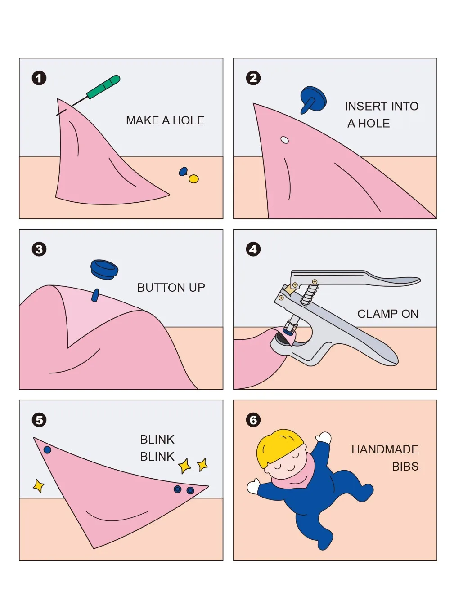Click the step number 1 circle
39,78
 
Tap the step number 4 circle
253,249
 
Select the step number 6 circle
253,420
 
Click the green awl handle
103,87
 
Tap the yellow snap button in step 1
193,179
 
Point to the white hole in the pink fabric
284,140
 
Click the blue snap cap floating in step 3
104,269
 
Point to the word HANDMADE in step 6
385,449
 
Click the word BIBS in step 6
405,467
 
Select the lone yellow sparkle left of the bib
39,485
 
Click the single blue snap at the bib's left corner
47,450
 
